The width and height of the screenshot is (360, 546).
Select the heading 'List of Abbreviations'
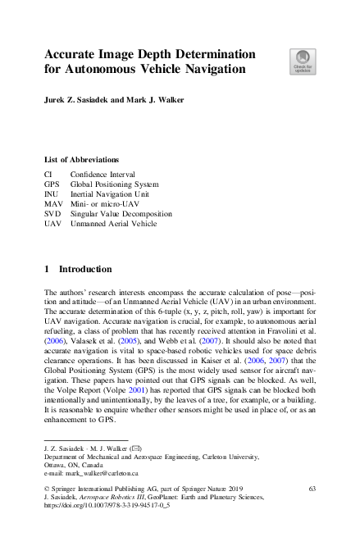point(81,159)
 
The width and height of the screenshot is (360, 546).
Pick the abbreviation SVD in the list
point(52,213)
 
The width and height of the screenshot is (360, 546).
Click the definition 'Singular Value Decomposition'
point(121,213)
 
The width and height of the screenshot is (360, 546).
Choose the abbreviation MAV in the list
point(53,203)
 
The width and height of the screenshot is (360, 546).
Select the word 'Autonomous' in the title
point(104,70)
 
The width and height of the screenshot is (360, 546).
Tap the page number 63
point(312,489)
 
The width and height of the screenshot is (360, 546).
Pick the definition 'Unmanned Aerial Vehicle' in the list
point(113,223)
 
